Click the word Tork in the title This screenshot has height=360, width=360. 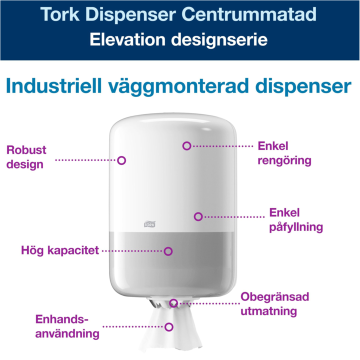[63, 14]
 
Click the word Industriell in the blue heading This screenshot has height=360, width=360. [59, 85]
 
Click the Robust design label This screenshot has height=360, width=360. [26, 156]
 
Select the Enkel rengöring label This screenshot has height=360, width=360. [284, 153]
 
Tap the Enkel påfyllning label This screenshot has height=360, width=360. [295, 219]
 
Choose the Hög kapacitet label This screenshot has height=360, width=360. [60, 250]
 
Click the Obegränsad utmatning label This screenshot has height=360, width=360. [274, 303]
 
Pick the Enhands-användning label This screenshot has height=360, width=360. [67, 326]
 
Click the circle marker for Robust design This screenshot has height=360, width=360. [121, 160]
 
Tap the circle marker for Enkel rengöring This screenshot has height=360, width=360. [187, 145]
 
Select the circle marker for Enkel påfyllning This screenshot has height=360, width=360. [198, 216]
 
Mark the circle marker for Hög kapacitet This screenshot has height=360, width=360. [168, 251]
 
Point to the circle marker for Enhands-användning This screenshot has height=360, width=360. [169, 327]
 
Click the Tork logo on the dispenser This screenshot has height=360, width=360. [150, 224]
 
